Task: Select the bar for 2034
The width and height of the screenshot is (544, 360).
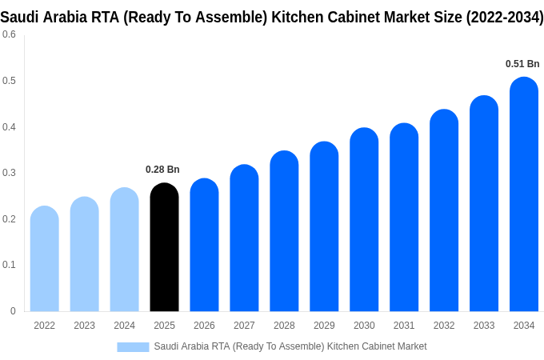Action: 524,196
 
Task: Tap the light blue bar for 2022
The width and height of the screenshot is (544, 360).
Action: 44,260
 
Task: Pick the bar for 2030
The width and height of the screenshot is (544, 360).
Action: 364,220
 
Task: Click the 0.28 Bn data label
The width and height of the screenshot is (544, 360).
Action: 162,170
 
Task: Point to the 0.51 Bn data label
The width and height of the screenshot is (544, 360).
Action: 522,64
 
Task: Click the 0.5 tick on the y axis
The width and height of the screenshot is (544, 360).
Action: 9,81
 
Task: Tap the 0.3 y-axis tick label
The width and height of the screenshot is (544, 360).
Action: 9,173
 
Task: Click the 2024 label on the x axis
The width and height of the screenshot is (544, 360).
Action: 124,326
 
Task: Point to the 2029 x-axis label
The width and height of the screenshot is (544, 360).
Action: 324,326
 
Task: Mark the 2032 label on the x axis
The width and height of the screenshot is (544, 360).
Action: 444,326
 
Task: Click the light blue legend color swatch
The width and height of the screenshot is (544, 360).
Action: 133,346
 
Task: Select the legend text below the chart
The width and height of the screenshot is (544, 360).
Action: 290,346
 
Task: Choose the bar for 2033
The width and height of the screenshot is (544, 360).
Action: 484,204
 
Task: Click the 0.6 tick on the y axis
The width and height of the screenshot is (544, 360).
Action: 9,34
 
